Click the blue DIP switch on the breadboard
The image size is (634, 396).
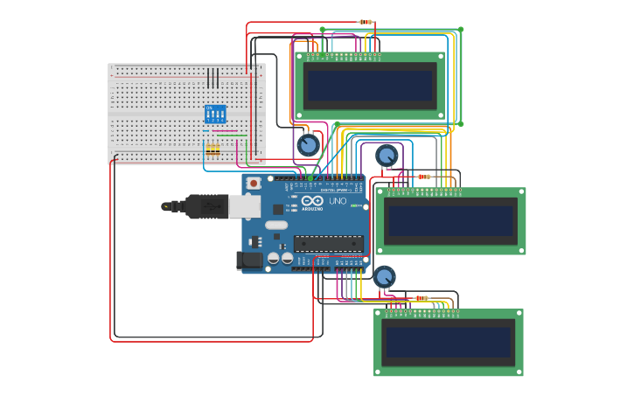(x=214, y=115)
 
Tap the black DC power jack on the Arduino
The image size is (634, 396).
(x=249, y=260)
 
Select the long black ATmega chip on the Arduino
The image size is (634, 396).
(x=328, y=244)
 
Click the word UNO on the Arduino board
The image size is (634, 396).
(x=338, y=201)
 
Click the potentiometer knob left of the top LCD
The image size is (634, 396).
(x=308, y=145)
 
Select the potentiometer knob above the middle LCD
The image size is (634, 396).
(x=386, y=156)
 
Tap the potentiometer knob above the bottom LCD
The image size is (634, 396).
(x=384, y=277)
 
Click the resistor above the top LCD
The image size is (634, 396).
(x=366, y=22)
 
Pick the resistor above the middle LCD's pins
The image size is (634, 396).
(x=424, y=177)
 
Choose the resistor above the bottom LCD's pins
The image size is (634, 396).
(x=422, y=298)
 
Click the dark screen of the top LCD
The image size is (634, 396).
(x=369, y=86)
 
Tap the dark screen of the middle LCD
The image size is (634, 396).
(x=449, y=220)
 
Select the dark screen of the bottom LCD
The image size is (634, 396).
(x=449, y=342)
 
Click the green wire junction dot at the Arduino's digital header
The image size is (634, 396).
(x=310, y=178)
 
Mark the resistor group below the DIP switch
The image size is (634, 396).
(x=212, y=149)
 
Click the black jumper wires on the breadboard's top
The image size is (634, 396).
(x=212, y=78)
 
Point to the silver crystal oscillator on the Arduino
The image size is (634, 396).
(x=276, y=225)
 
